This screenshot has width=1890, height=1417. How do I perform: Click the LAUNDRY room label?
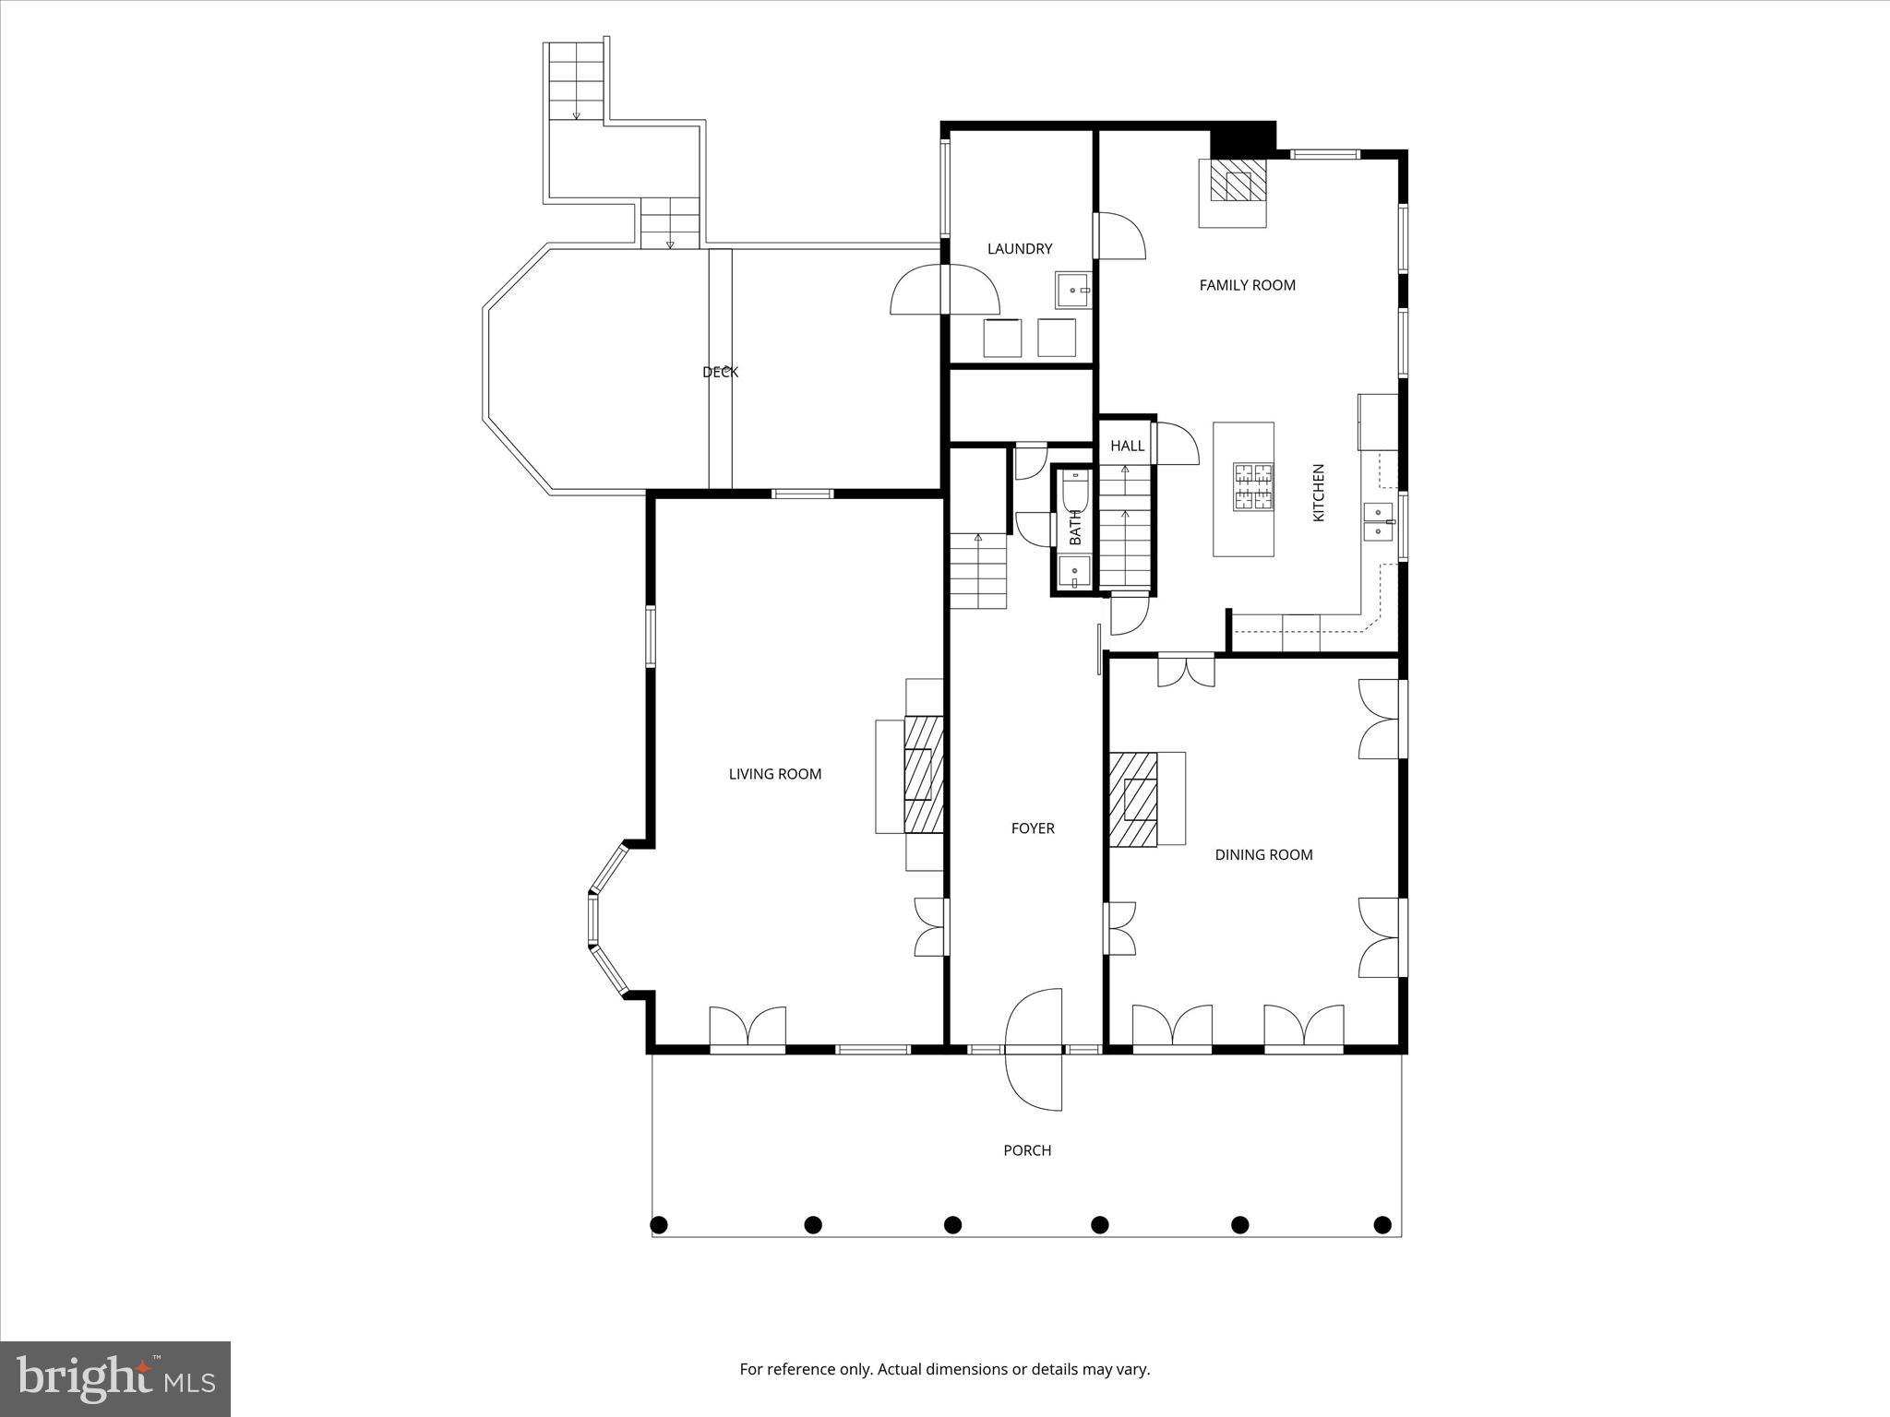[x=1019, y=248]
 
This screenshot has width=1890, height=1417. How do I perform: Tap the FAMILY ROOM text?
[x=1247, y=285]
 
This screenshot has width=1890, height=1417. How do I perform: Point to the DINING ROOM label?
[x=1262, y=854]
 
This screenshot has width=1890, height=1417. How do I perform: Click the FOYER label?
[x=1032, y=828]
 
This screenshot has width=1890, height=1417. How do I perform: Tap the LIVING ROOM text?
[x=774, y=774]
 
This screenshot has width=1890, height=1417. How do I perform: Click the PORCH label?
[x=1027, y=1149]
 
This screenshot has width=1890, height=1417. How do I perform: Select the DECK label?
[x=720, y=372]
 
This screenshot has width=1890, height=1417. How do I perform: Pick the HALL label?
[x=1127, y=446]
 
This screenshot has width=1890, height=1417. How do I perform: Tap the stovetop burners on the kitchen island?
[x=1253, y=487]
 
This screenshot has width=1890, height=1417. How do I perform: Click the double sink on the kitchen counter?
[x=1378, y=522]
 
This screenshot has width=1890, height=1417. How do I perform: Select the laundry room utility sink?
[x=1073, y=290]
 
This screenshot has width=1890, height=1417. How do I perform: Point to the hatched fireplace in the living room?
[x=923, y=773]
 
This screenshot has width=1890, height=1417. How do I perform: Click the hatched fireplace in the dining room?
[x=1133, y=799]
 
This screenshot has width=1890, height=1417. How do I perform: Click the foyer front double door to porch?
[x=1035, y=1050]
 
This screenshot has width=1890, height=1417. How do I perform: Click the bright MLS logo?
[x=115, y=1378]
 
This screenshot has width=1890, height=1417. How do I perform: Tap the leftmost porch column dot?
[x=659, y=1224]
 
